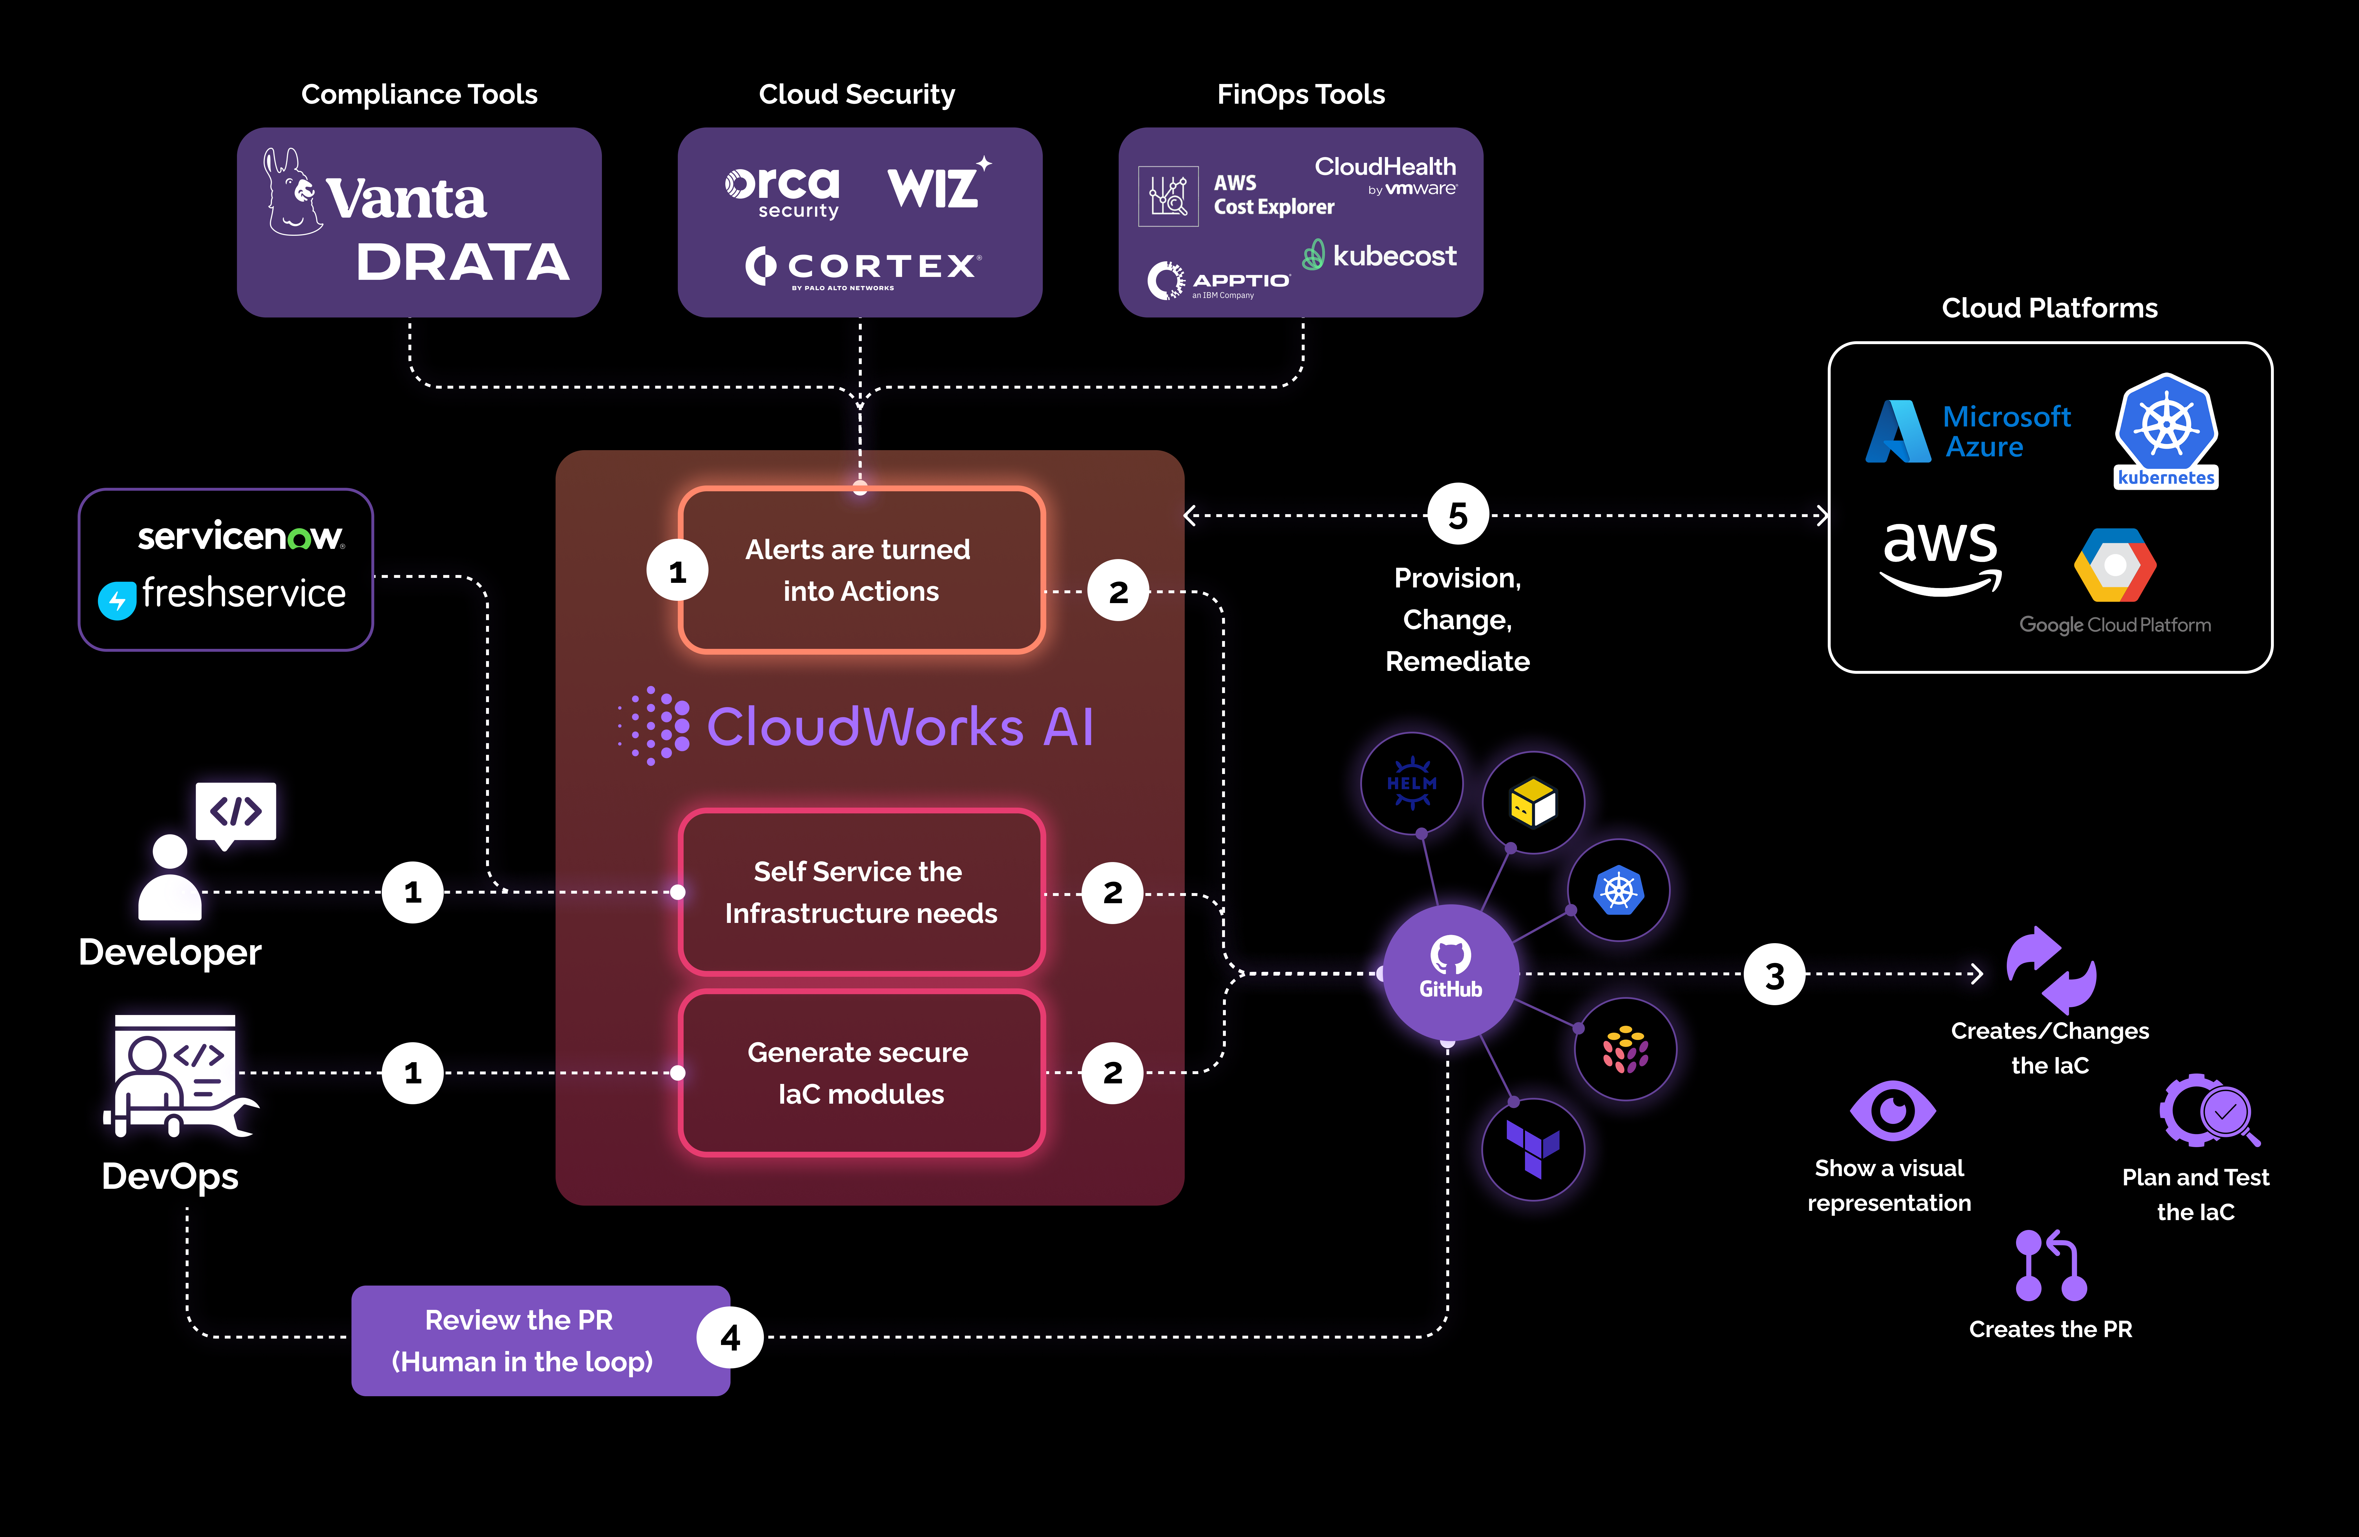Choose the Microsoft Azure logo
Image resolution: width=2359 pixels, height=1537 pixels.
[1967, 431]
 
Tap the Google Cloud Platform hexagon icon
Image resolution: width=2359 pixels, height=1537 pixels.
[2114, 565]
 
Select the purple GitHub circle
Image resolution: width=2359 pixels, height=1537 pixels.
[1449, 971]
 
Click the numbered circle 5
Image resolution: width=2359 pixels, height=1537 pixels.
[1457, 515]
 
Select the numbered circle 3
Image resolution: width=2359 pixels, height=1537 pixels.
[1774, 975]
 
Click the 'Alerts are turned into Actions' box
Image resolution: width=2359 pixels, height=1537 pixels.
[860, 570]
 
